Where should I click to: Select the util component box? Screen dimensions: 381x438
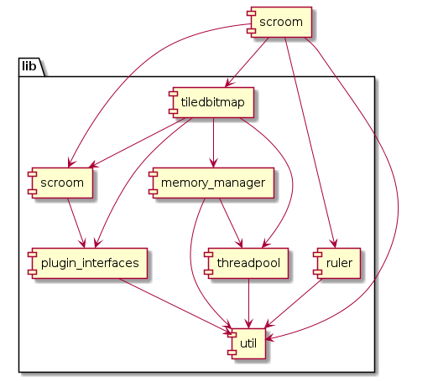click(248, 343)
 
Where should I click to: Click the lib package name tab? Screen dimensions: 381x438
click(31, 65)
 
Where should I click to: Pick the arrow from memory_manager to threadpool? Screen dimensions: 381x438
click(231, 222)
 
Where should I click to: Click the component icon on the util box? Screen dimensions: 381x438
click(233, 343)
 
